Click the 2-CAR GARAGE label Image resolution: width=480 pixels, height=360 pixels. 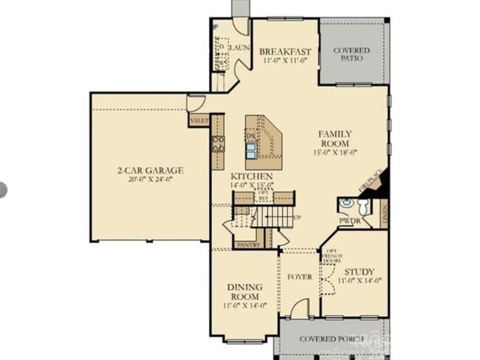[x=150, y=170]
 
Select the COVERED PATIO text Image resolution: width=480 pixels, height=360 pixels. [x=352, y=54]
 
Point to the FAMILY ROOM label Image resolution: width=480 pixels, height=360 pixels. [x=335, y=138]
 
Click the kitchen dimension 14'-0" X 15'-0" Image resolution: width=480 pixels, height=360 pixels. [x=252, y=185]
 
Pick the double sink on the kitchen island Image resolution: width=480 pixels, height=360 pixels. [x=253, y=150]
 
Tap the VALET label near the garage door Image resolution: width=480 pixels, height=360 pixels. [x=199, y=120]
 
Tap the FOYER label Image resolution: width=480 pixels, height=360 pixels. [x=299, y=277]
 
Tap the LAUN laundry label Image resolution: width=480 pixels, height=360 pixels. [x=240, y=48]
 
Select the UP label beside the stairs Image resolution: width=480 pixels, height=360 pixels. [x=298, y=218]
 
